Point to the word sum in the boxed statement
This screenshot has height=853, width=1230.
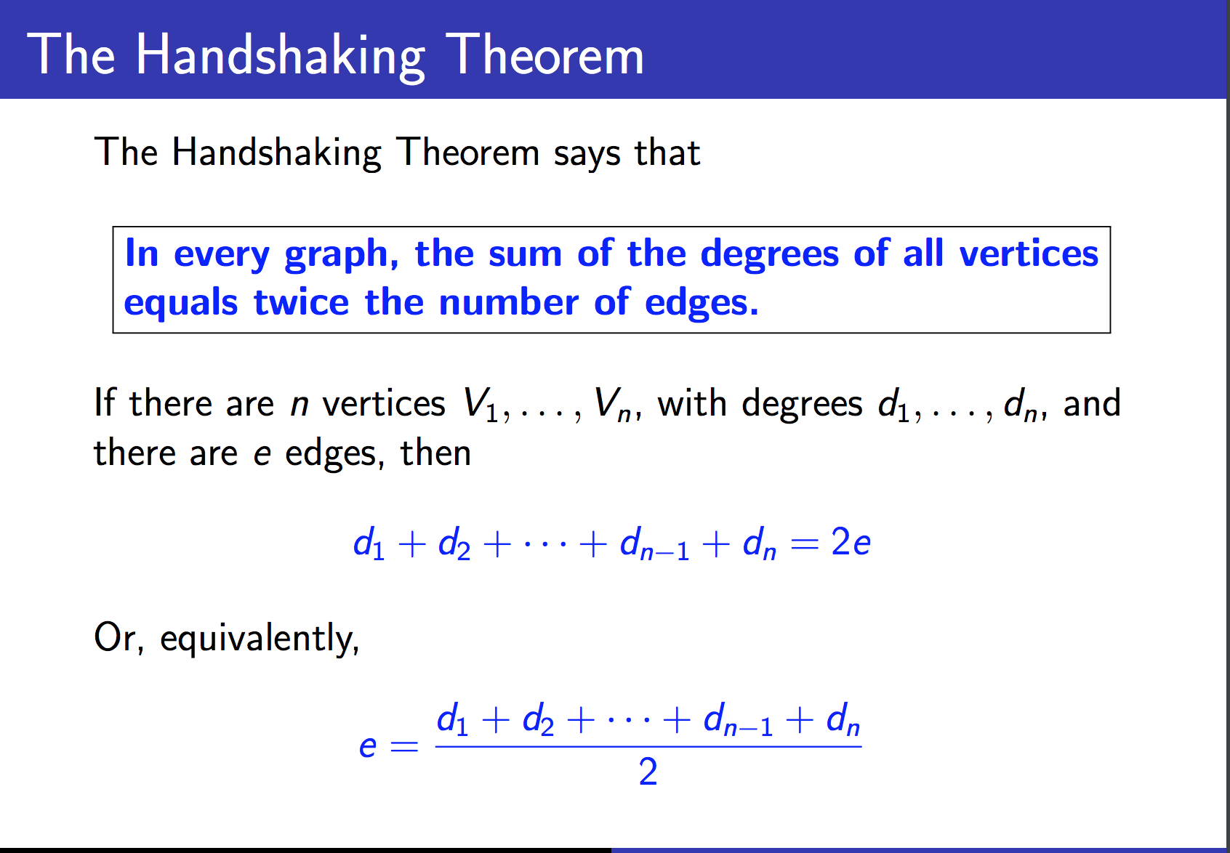pyautogui.click(x=525, y=255)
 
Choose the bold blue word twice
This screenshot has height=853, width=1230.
pyautogui.click(x=301, y=302)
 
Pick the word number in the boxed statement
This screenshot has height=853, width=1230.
pyautogui.click(x=508, y=302)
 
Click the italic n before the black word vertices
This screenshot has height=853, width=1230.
pyautogui.click(x=300, y=406)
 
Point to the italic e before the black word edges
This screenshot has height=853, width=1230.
pyautogui.click(x=262, y=456)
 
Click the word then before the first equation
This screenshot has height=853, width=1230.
pyautogui.click(x=435, y=453)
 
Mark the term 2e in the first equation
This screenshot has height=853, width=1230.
pyautogui.click(x=851, y=542)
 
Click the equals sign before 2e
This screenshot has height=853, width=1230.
pyautogui.click(x=805, y=544)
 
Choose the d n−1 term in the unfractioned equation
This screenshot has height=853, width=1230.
pyautogui.click(x=654, y=543)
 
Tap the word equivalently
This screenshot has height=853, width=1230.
pyautogui.click(x=260, y=639)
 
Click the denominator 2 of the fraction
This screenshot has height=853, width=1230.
pyautogui.click(x=648, y=772)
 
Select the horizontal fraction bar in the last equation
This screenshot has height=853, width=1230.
pyautogui.click(x=648, y=746)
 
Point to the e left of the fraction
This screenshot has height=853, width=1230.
pyautogui.click(x=367, y=747)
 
